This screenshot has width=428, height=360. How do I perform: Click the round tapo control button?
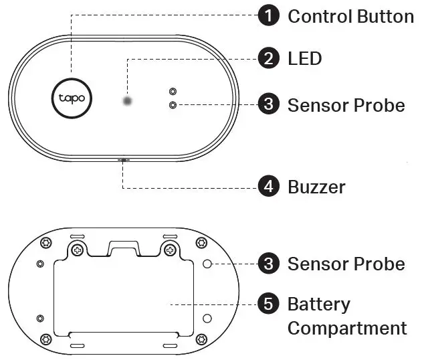pos(72,99)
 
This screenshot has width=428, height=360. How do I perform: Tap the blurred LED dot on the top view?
pos(127,102)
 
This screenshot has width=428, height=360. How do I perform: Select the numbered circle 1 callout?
pos(269,16)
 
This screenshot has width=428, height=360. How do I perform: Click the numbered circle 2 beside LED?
pos(269,59)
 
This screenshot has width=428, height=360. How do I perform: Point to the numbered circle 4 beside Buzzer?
pos(269,187)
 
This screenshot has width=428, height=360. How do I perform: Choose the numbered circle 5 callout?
pos(269,305)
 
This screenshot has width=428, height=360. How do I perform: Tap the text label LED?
pos(304,59)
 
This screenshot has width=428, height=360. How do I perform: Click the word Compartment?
pos(347,329)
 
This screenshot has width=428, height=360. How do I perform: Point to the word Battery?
pos(318,305)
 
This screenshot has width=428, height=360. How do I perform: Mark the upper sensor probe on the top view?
pos(173,91)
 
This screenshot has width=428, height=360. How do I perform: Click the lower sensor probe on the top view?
pos(173,105)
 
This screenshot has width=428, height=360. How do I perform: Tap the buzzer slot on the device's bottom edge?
pos(124,160)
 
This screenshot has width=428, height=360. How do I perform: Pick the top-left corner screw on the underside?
pos(46,242)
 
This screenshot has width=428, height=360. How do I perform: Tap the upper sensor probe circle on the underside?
pos(207,264)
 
